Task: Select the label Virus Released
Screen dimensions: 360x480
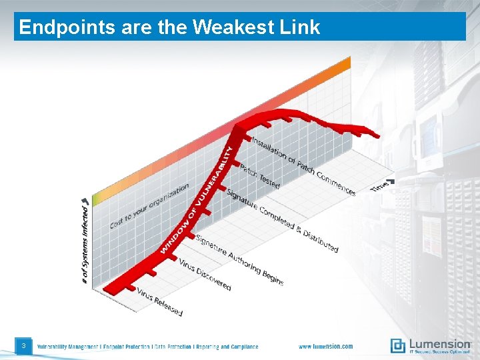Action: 159,301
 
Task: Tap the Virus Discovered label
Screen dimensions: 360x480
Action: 205,273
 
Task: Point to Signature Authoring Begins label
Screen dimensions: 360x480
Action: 240,259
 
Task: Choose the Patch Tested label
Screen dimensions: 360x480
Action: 260,176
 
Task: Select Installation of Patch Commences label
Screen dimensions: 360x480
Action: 303,166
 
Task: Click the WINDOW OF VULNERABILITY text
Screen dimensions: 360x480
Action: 198,200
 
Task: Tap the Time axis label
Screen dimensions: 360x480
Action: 379,187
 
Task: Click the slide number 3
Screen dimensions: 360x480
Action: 23,345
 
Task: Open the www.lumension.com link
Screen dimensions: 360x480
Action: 325,347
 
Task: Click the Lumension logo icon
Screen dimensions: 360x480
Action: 397,345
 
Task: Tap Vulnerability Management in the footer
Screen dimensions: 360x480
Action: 67,347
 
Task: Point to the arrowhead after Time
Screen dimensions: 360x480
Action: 391,181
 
